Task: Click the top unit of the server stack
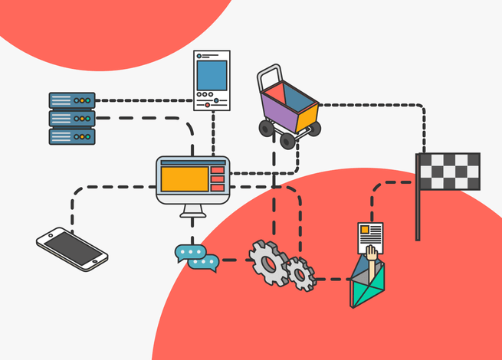click(71, 100)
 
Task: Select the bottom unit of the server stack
click(71, 136)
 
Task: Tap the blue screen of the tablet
click(212, 75)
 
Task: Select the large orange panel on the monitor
click(184, 178)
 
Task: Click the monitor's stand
click(192, 211)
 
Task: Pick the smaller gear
click(300, 273)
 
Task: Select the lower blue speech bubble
click(203, 263)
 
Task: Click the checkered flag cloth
click(449, 171)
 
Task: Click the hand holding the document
click(372, 256)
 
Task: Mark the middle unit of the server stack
click(71, 119)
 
